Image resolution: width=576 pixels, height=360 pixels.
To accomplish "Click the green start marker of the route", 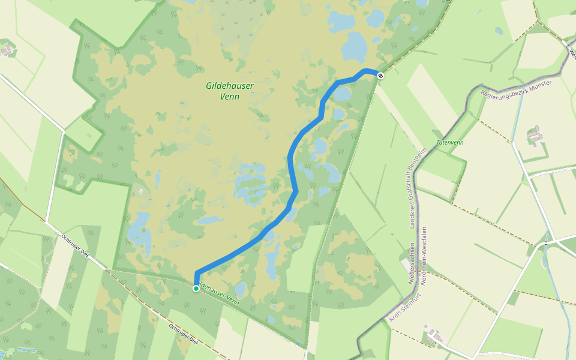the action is [x=196, y=289].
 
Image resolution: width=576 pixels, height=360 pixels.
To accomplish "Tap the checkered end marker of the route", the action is [x=380, y=74].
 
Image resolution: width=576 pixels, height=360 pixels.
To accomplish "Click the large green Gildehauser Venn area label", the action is [x=230, y=91].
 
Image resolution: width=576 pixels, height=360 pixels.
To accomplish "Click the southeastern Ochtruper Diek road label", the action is [x=184, y=334].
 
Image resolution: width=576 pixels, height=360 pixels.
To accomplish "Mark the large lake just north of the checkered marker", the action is [x=355, y=46].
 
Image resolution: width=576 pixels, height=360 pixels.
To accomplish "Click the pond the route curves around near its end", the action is [x=342, y=94].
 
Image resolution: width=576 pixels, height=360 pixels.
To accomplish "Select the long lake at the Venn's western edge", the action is [x=140, y=231].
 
